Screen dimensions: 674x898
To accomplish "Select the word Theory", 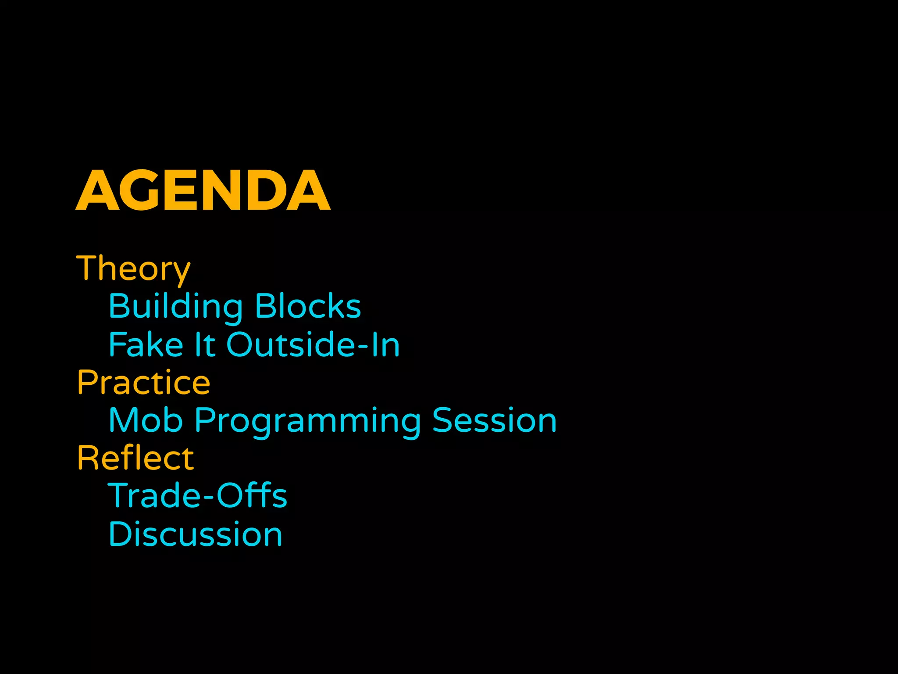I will [133, 269].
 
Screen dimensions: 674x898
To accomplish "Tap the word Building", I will [175, 307].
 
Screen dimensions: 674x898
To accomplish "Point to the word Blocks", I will [308, 306].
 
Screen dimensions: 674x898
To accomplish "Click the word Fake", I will [146, 345].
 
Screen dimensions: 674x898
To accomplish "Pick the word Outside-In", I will [313, 345].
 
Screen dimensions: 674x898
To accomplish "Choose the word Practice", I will [144, 383].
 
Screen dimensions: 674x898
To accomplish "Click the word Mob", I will [146, 420].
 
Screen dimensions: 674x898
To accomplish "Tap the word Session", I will [494, 420].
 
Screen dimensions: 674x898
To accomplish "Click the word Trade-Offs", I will [198, 496].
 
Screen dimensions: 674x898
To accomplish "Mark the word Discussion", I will [196, 534].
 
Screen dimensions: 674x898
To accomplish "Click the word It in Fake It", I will [205, 345].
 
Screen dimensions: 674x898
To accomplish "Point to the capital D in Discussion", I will [119, 534].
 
